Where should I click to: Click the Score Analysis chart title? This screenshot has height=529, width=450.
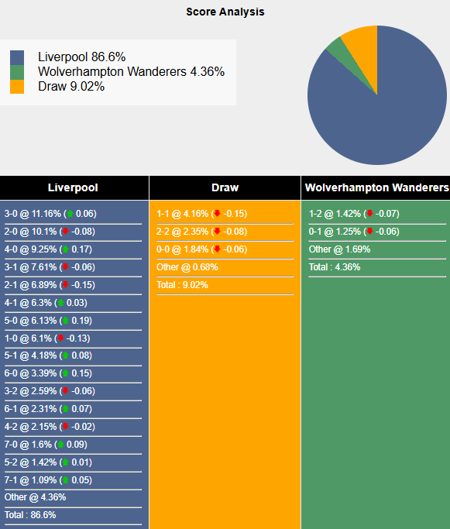pyautogui.click(x=225, y=12)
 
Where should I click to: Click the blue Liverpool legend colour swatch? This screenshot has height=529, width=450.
pyautogui.click(x=18, y=58)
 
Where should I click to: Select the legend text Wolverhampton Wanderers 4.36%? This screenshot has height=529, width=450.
pyautogui.click(x=131, y=72)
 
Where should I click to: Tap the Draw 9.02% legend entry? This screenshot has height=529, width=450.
pyautogui.click(x=71, y=87)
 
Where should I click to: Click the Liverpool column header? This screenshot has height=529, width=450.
pyautogui.click(x=73, y=187)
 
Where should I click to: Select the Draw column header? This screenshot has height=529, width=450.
pyautogui.click(x=225, y=187)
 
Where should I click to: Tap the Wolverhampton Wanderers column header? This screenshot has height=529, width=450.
pyautogui.click(x=376, y=187)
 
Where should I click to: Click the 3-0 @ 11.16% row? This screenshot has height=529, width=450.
pyautogui.click(x=50, y=214)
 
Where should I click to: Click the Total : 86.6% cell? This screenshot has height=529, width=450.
pyautogui.click(x=30, y=515)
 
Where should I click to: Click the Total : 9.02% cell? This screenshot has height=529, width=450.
pyautogui.click(x=182, y=285)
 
